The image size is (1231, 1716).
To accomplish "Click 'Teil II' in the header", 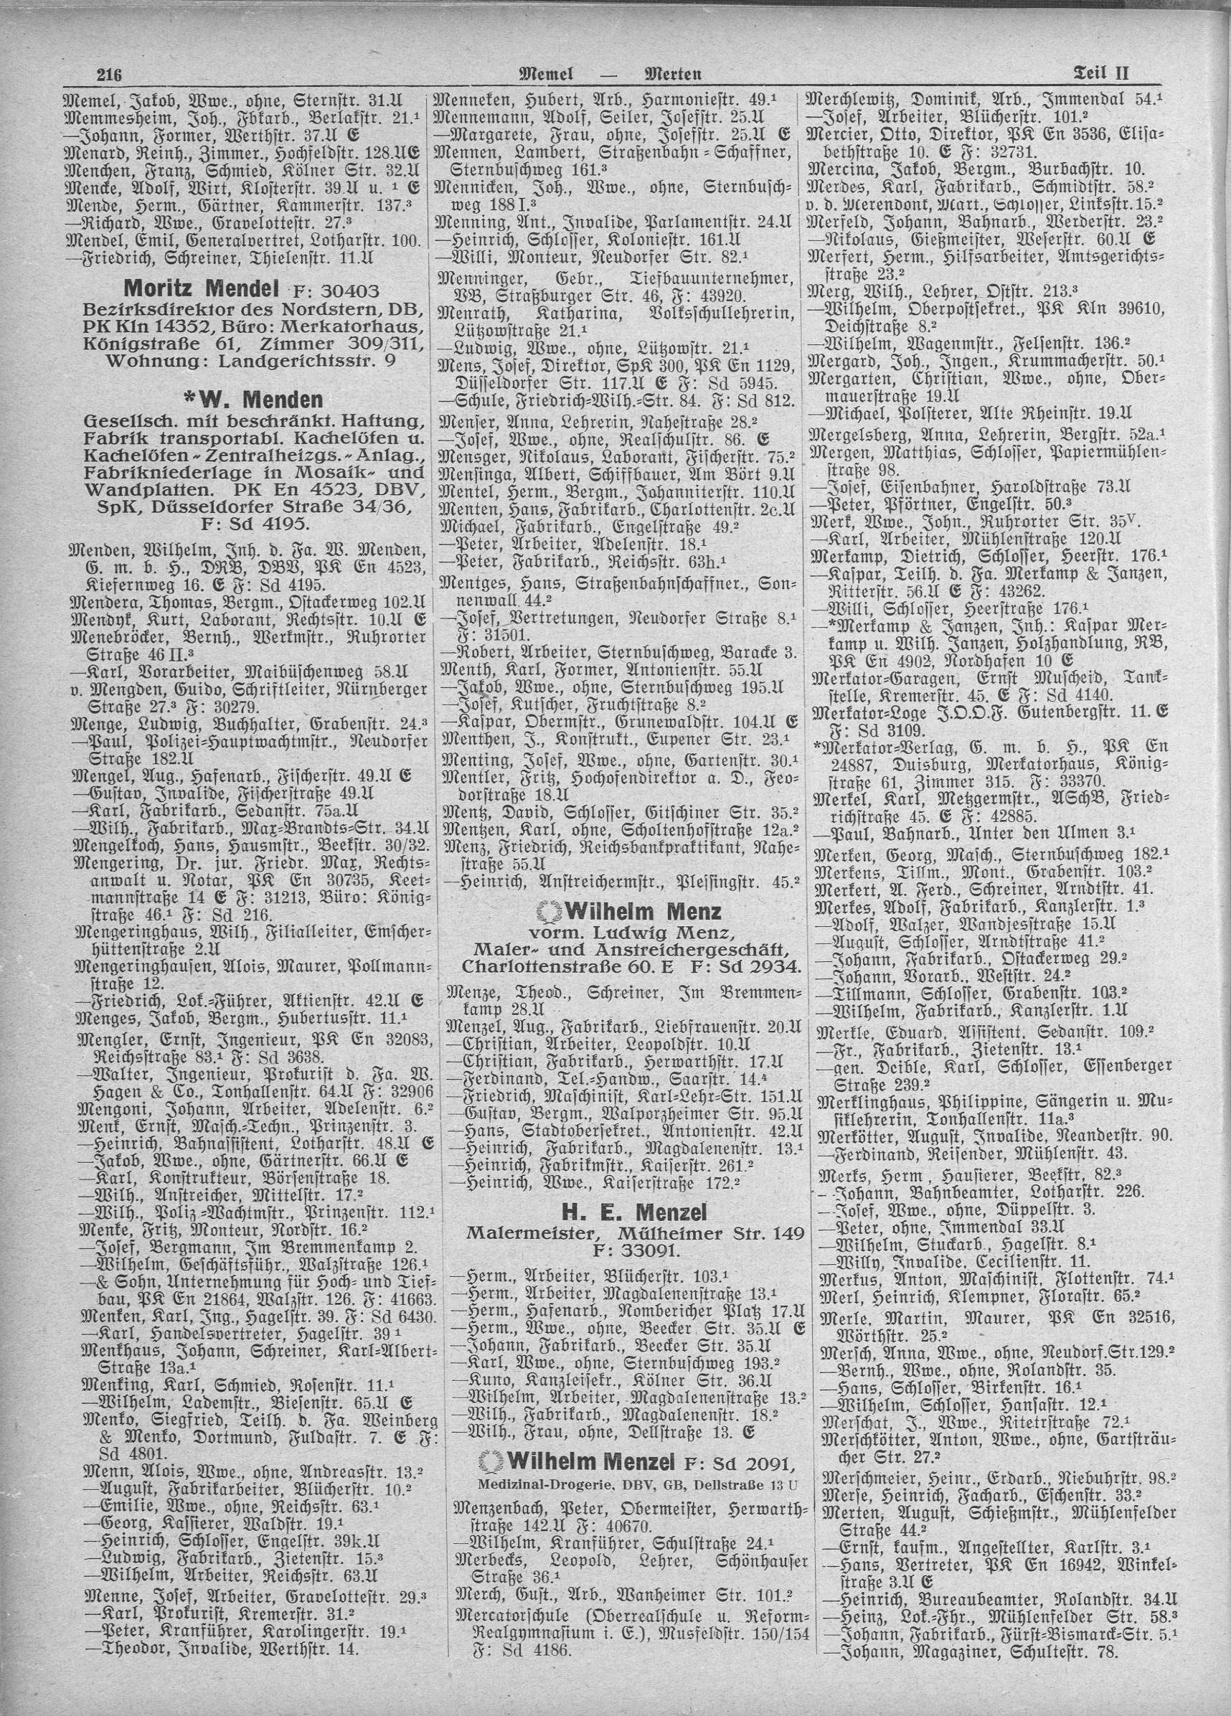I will [1102, 73].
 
